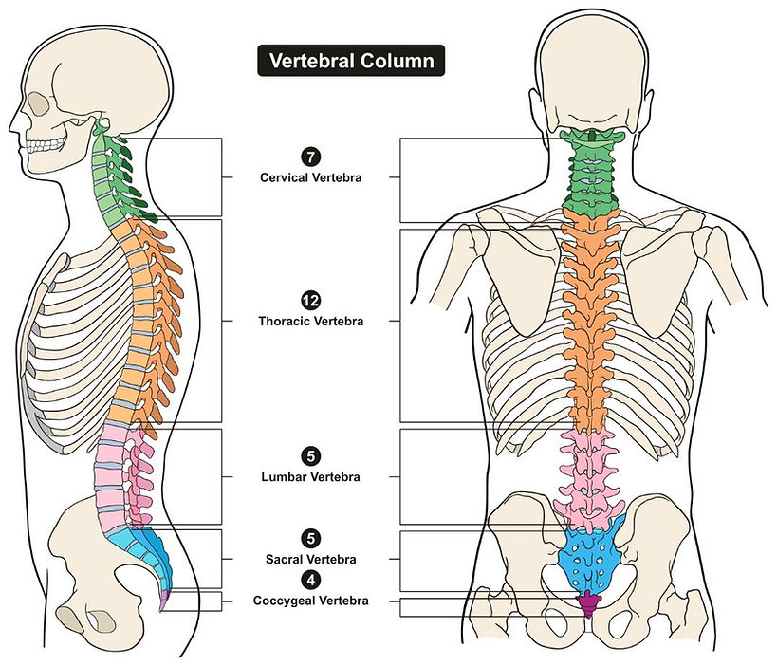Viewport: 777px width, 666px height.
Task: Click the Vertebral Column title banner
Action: (352, 62)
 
